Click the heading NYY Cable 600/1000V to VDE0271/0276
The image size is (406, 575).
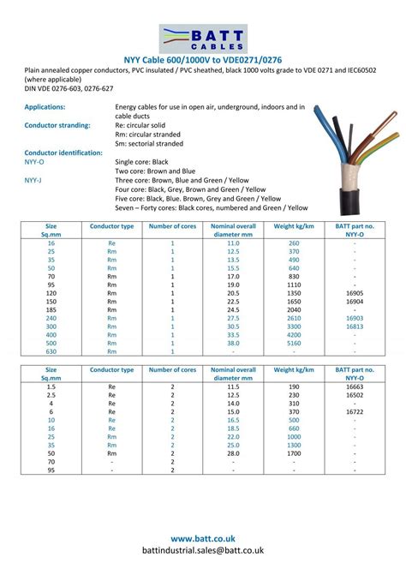click(x=203, y=60)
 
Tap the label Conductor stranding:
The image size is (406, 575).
click(x=57, y=125)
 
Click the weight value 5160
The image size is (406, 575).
click(x=294, y=343)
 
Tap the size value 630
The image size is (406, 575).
click(x=51, y=351)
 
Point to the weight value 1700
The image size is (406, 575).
click(x=294, y=453)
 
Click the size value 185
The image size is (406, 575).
click(x=51, y=309)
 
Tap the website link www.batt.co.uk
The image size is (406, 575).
click(x=203, y=538)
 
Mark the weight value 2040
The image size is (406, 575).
click(x=294, y=309)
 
